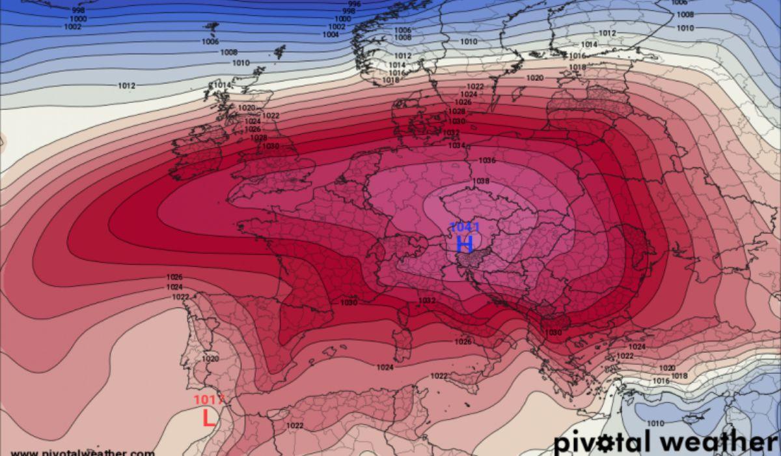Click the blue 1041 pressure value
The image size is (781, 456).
[465, 227]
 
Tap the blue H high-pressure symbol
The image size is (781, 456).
[465, 244]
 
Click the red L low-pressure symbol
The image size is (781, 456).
[208, 418]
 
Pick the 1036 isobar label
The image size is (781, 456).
[487, 160]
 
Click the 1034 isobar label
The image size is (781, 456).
[456, 145]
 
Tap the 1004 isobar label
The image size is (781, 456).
[330, 35]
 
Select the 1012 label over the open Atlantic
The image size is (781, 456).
[126, 86]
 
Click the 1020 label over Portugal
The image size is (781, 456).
[210, 359]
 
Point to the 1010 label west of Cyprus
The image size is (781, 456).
[655, 423]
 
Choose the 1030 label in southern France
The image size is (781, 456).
[349, 303]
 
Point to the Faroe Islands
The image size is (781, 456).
[280, 51]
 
